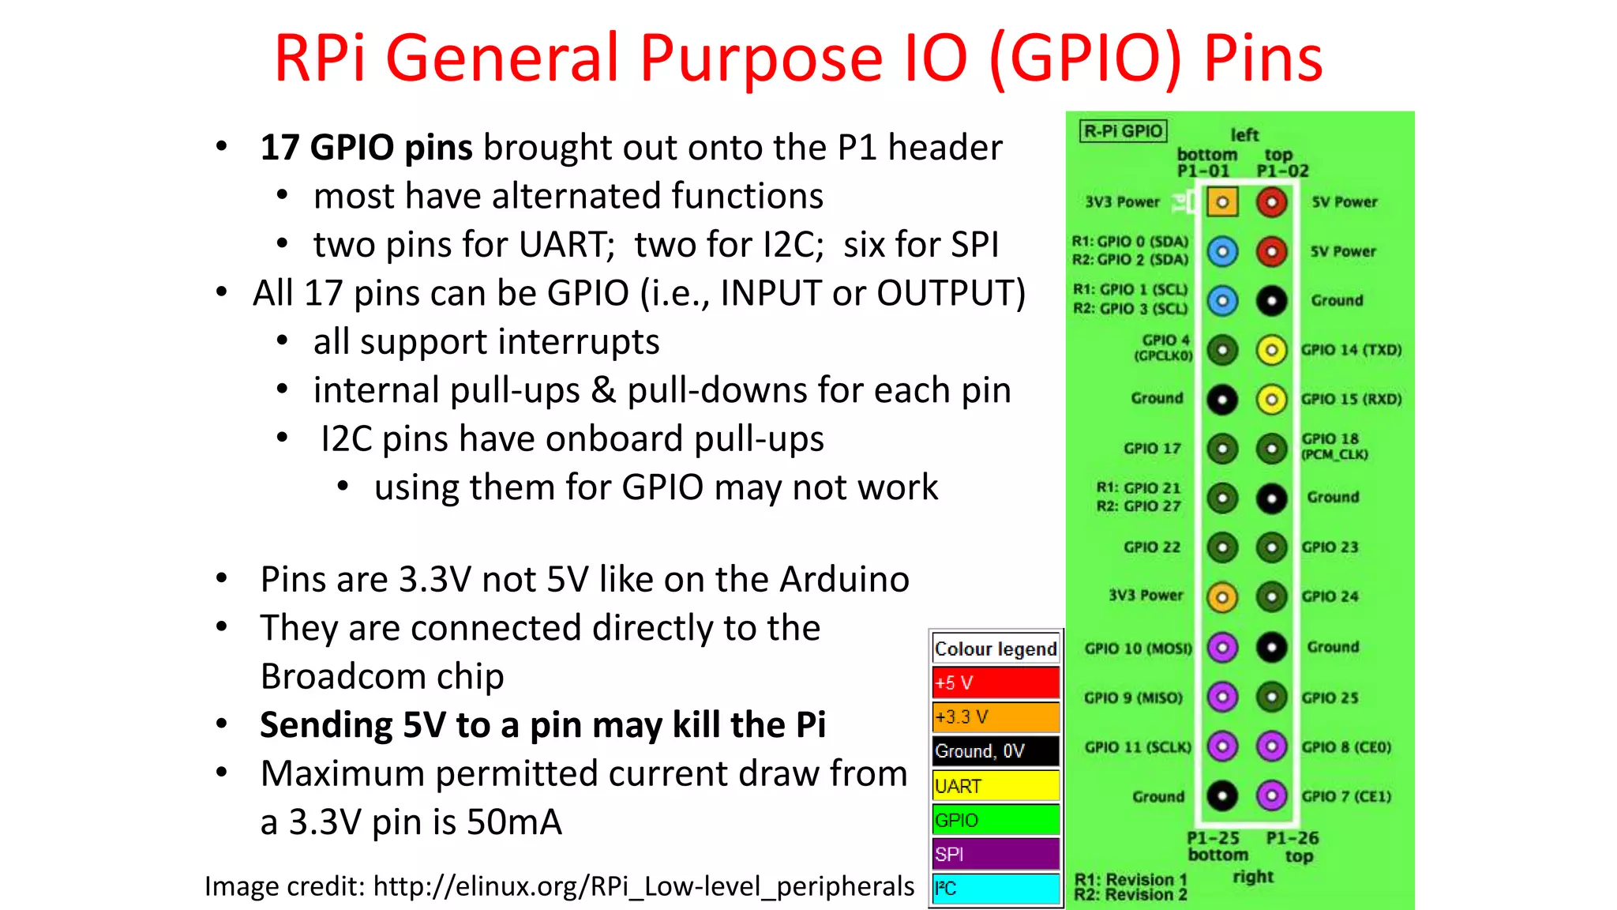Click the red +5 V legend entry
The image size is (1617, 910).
pyautogui.click(x=995, y=682)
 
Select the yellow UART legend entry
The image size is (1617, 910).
pyautogui.click(x=995, y=786)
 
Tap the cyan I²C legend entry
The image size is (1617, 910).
pyautogui.click(x=995, y=889)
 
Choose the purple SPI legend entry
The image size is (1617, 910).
pyautogui.click(x=995, y=854)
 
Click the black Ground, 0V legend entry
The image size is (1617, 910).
pyautogui.click(x=995, y=751)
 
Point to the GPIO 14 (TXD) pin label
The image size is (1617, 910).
pyautogui.click(x=1351, y=350)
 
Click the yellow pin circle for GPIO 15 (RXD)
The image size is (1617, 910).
pyautogui.click(x=1271, y=400)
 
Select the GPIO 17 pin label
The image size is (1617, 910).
pyautogui.click(x=1152, y=449)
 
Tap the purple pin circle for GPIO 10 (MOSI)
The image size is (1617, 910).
pyautogui.click(x=1222, y=649)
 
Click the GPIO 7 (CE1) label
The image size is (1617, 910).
pyautogui.click(x=1346, y=796)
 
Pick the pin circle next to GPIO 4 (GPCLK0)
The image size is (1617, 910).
pyautogui.click(x=1222, y=350)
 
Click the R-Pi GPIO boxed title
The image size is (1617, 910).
pyautogui.click(x=1123, y=131)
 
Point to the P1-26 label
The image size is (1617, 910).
pyautogui.click(x=1292, y=838)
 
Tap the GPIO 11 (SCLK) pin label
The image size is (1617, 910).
pyautogui.click(x=1137, y=747)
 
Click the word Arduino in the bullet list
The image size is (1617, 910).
pyautogui.click(x=844, y=580)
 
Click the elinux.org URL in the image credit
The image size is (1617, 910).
pyautogui.click(x=643, y=886)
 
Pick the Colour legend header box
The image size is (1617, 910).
pyautogui.click(x=995, y=649)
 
